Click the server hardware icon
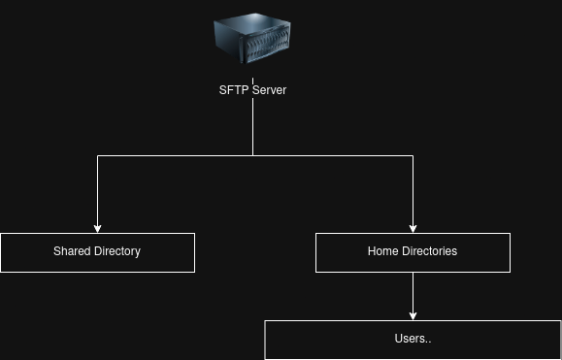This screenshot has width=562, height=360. tap(252, 38)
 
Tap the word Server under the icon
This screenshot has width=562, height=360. tap(270, 90)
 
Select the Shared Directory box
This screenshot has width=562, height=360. tap(97, 252)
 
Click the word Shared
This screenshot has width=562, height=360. tap(72, 251)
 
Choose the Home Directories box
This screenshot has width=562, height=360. tap(413, 252)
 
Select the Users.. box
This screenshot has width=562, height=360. tap(413, 340)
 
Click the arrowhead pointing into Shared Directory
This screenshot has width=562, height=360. tap(97, 229)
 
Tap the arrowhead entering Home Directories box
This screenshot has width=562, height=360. tap(413, 229)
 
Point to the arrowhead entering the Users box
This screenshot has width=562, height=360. tap(413, 316)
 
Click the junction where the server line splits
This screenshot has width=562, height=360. tap(252, 155)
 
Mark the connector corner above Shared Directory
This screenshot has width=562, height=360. tap(97, 155)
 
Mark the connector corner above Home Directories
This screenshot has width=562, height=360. tap(413, 155)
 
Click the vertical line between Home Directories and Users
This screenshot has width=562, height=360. tap(413, 296)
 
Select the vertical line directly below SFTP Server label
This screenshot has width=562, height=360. tap(252, 127)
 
